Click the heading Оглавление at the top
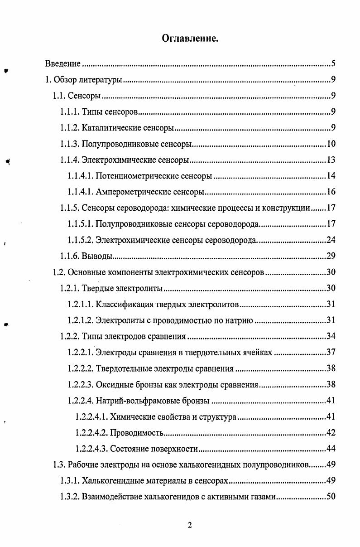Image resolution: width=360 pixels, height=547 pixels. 190,39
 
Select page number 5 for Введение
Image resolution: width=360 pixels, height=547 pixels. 332,64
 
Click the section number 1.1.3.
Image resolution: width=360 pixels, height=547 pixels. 70,144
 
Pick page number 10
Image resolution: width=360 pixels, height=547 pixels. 331,144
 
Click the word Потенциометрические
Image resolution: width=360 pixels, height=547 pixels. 134,176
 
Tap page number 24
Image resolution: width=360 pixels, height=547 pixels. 331,240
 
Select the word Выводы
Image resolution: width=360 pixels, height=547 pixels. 96,257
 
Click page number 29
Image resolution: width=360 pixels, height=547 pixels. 331,257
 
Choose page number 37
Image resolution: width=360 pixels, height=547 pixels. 331,353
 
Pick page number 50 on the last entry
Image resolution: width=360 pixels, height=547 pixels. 331,497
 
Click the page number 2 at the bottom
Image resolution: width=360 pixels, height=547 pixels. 190,526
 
